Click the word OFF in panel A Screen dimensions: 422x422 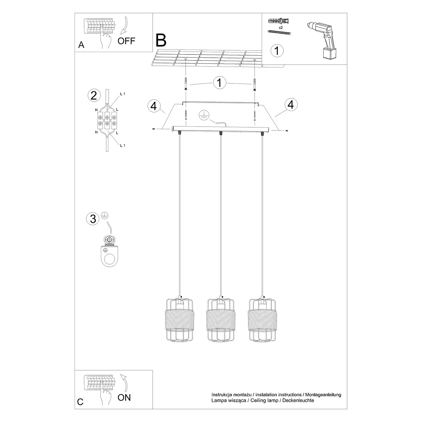coord(126,41)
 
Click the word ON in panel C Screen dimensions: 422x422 coord(124,397)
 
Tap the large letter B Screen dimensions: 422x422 coord(161,40)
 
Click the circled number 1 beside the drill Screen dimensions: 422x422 coord(277,50)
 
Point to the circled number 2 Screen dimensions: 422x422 coord(94,95)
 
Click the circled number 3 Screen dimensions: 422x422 coord(93,219)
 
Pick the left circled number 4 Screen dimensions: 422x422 coord(154,105)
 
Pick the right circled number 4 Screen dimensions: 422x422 coord(290,104)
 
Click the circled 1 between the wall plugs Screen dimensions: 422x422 coord(220,83)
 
